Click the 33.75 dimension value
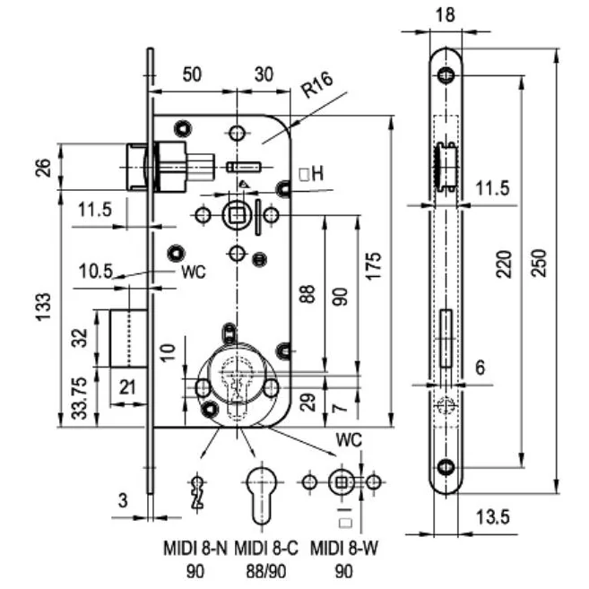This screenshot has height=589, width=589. point(80,397)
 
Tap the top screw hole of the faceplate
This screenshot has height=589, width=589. point(446,75)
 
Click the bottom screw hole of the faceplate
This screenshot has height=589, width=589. point(446,465)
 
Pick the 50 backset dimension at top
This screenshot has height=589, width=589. point(192,75)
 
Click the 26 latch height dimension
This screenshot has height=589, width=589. point(43,167)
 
